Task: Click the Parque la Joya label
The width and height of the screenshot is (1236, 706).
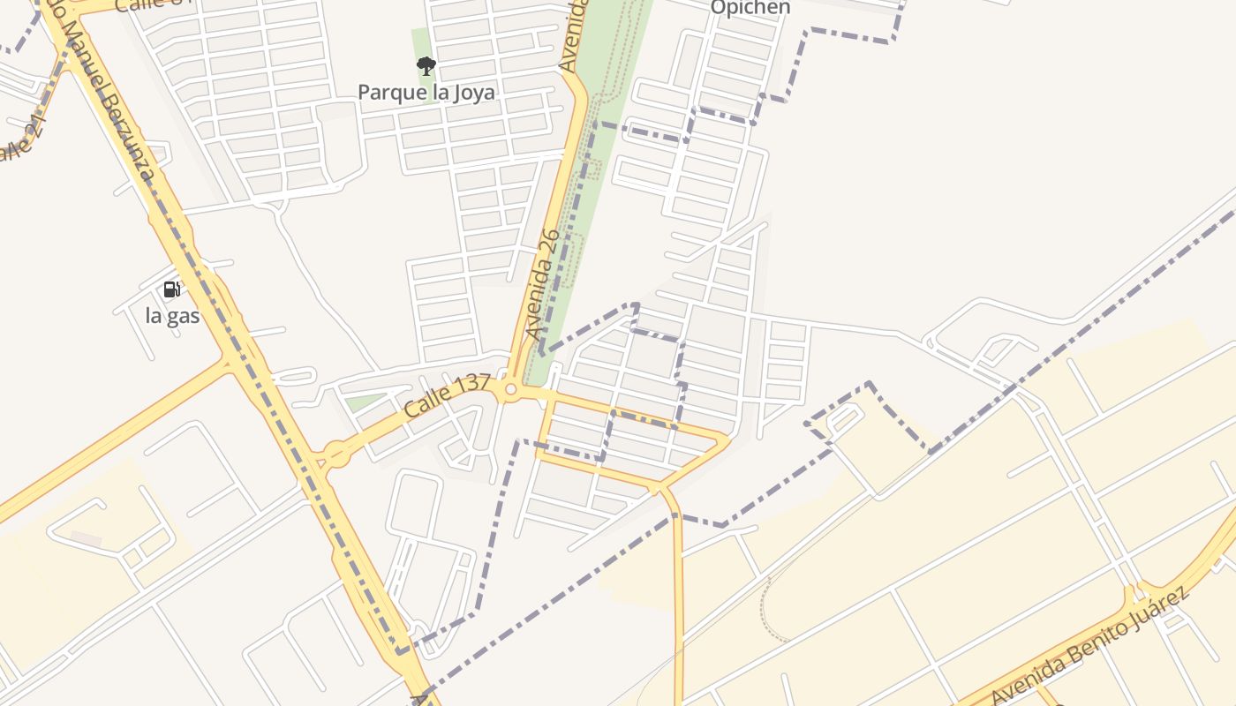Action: click(x=426, y=92)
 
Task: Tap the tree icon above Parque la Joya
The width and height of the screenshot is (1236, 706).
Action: click(x=426, y=65)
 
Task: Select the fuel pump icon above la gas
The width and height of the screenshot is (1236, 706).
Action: click(x=172, y=289)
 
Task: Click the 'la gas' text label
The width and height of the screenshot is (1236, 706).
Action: click(x=172, y=315)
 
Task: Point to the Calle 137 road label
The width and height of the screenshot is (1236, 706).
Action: click(x=447, y=396)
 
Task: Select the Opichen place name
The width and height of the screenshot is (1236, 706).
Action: click(x=750, y=8)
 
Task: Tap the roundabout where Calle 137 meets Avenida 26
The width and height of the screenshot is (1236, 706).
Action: click(x=510, y=388)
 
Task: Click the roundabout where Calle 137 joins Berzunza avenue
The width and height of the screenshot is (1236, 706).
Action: click(x=335, y=455)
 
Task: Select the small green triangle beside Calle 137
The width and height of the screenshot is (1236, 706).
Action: click(x=361, y=402)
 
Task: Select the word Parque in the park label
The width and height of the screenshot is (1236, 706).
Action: click(x=387, y=92)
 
